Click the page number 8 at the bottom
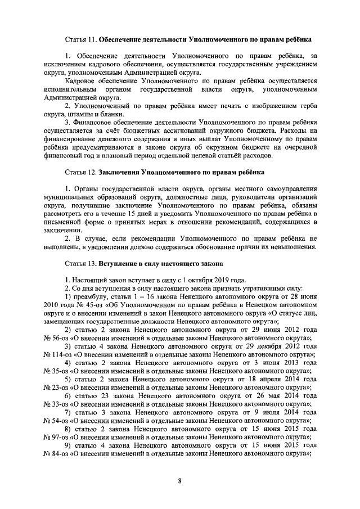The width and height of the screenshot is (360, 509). point(179,480)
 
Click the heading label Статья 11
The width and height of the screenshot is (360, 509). point(80,40)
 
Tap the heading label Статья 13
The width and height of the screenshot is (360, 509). point(80,263)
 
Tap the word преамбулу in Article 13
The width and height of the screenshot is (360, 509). point(91,296)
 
